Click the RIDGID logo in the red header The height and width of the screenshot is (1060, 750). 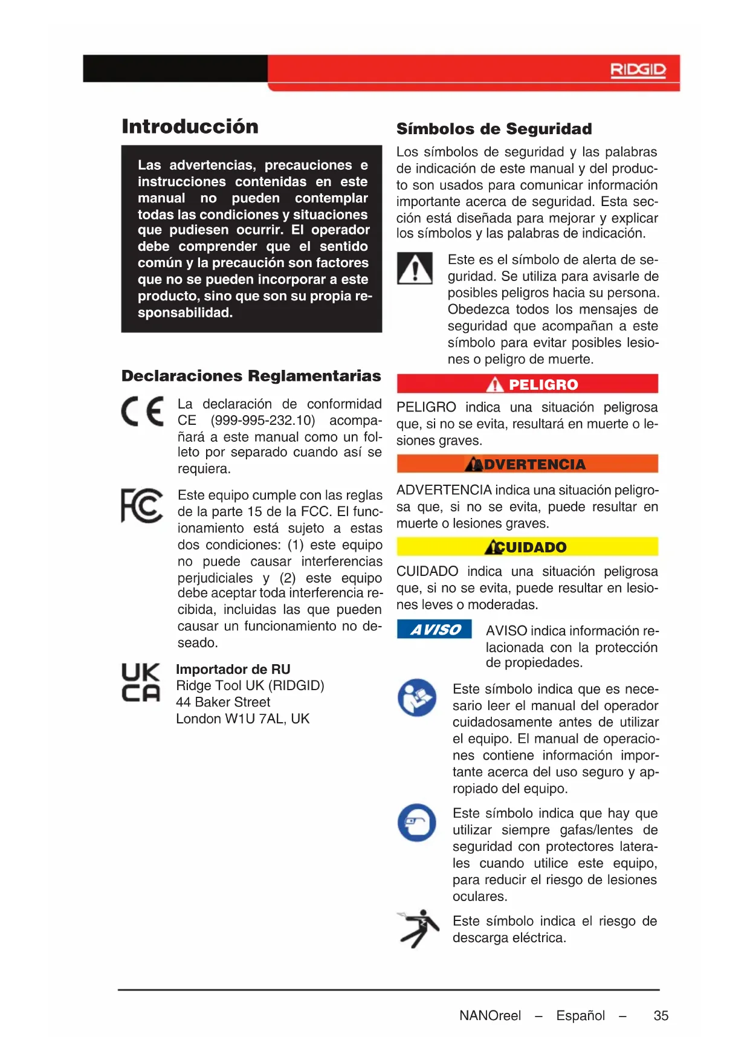point(638,71)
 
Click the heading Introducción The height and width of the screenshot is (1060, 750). point(190,126)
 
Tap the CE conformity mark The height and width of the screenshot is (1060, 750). point(143,412)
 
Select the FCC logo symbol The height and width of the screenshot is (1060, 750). point(142,505)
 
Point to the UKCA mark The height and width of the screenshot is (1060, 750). point(141,683)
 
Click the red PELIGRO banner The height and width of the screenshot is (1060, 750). point(527,384)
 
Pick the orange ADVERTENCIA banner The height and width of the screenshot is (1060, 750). point(527,464)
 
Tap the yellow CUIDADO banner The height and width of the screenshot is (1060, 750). point(527,547)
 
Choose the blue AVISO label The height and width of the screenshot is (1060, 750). point(434,630)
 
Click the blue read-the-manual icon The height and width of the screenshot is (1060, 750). point(417,698)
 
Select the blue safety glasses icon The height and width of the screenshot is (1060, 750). point(417,822)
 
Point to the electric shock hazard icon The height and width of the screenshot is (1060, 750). point(418,929)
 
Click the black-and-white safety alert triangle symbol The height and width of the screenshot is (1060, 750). point(415,268)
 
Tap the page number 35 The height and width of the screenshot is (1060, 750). point(661,1016)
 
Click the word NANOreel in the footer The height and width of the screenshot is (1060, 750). point(490,1016)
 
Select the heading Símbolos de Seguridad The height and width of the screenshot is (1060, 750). point(494,129)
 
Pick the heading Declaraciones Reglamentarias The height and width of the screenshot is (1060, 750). point(251,376)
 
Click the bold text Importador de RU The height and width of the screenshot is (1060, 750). point(233,670)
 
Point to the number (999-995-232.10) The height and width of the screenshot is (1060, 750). point(263,421)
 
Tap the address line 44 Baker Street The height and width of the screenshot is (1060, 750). point(223,702)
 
